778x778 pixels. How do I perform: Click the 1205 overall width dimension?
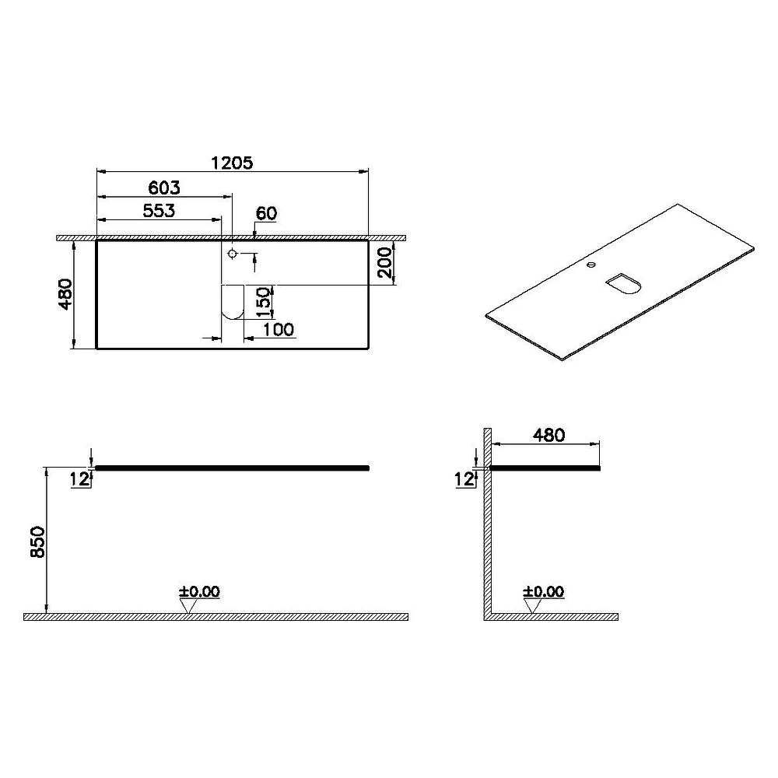[x=232, y=163]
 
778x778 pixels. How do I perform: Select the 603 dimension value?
[x=164, y=188]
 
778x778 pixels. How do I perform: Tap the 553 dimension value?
[x=159, y=211]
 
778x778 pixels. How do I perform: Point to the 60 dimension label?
[x=266, y=213]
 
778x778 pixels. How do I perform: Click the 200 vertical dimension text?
[x=386, y=263]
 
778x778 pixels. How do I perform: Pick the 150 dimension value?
[x=264, y=302]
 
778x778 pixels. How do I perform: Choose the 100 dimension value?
[x=278, y=329]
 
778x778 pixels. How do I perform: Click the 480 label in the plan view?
[x=65, y=294]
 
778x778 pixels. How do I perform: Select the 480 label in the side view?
[x=548, y=435]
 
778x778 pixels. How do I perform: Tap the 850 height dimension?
[x=37, y=541]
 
